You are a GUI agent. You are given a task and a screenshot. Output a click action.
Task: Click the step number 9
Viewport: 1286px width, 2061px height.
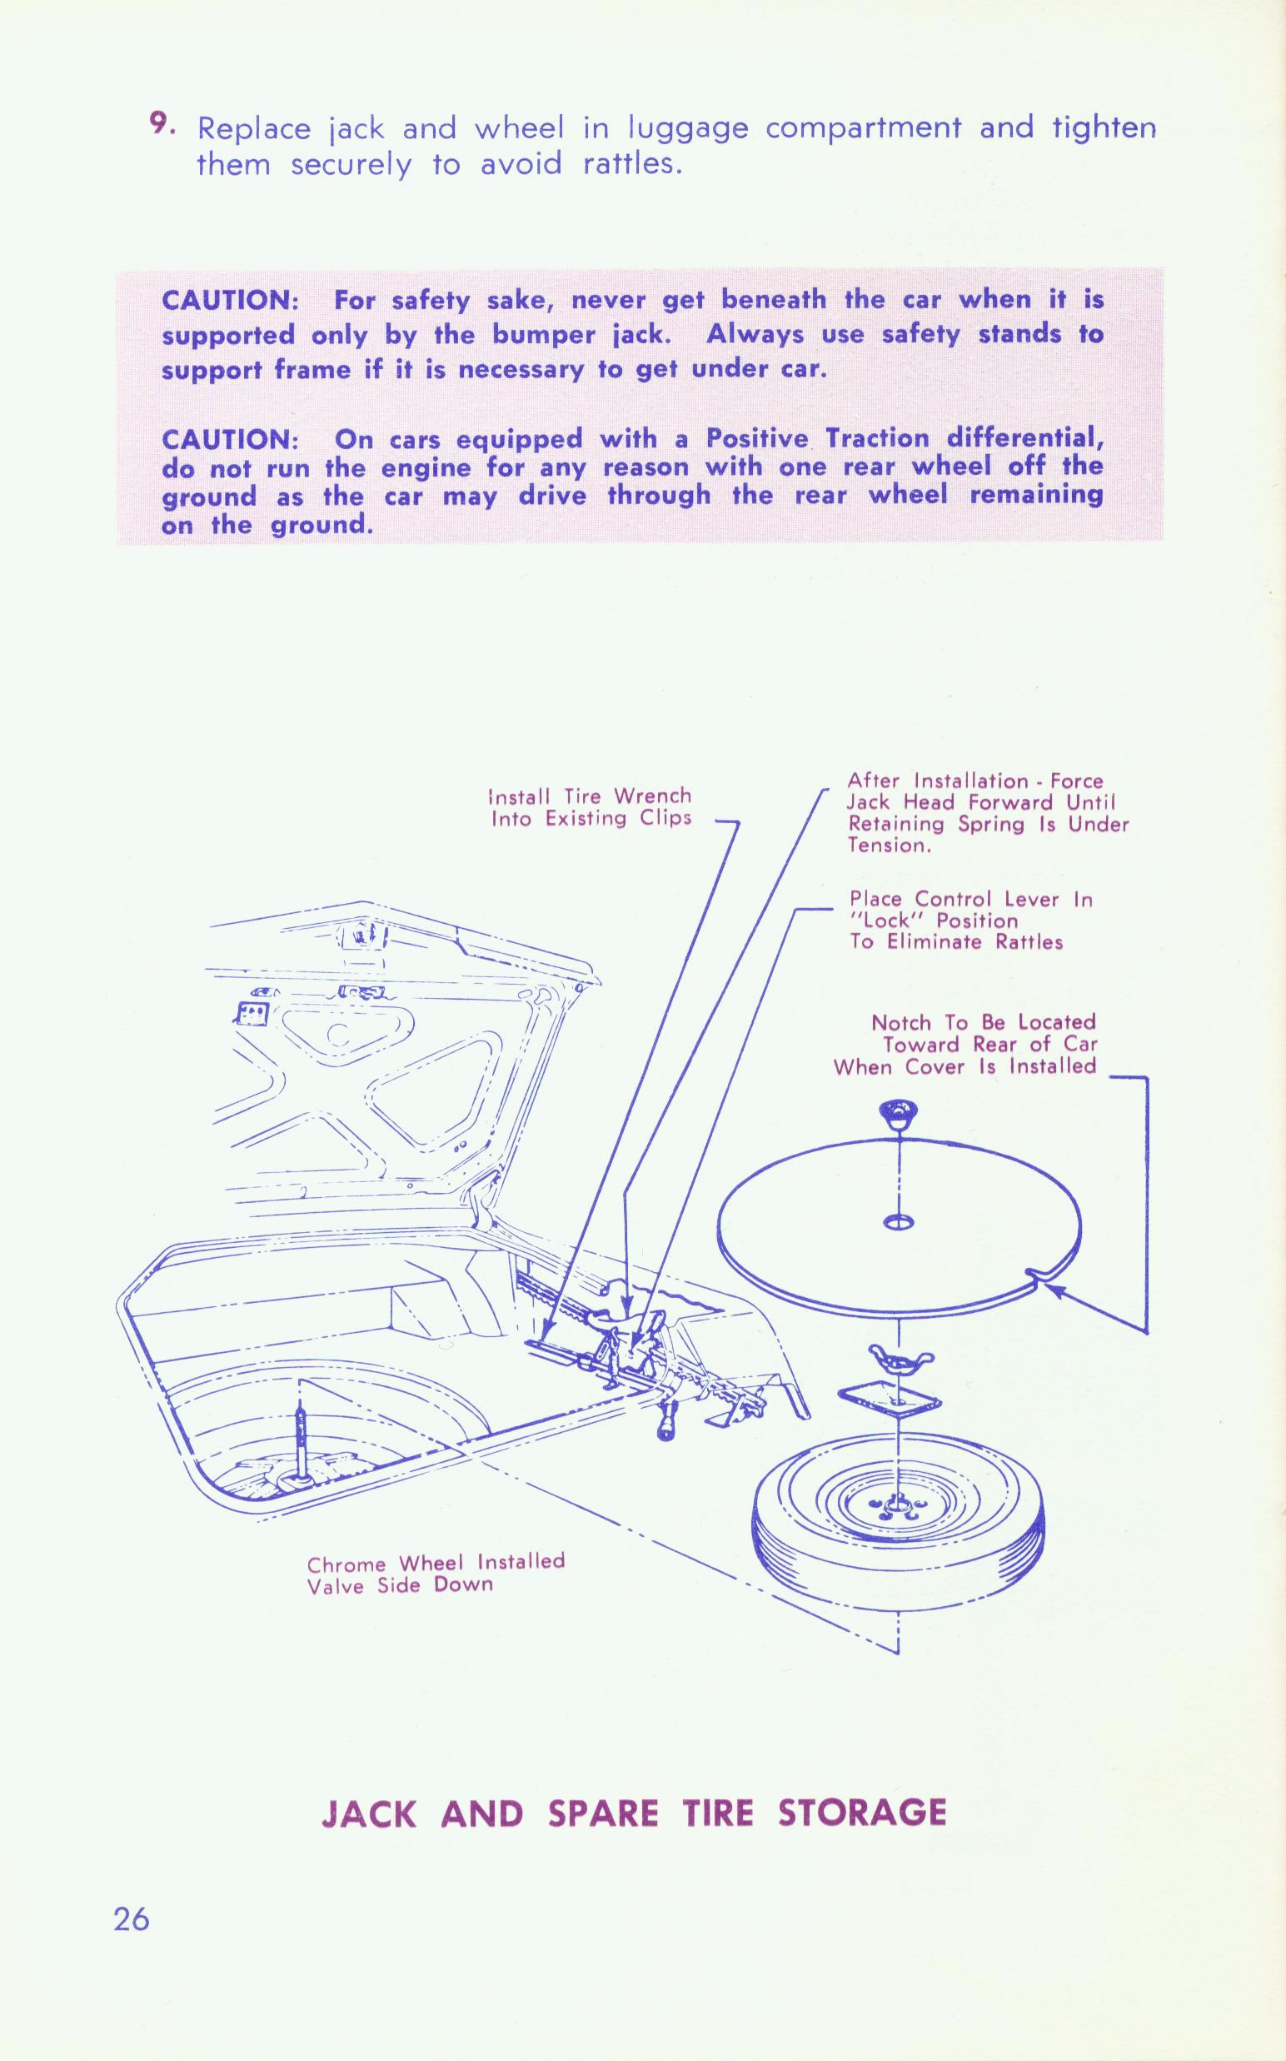(161, 124)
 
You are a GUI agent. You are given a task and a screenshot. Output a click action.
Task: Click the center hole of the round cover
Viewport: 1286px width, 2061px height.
(899, 1222)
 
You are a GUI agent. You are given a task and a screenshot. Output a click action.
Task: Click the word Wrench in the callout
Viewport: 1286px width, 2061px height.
(652, 796)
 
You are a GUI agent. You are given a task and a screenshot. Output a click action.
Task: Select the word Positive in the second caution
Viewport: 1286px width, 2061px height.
(757, 439)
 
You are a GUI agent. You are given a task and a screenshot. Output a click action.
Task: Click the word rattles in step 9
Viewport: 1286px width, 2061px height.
(632, 163)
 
